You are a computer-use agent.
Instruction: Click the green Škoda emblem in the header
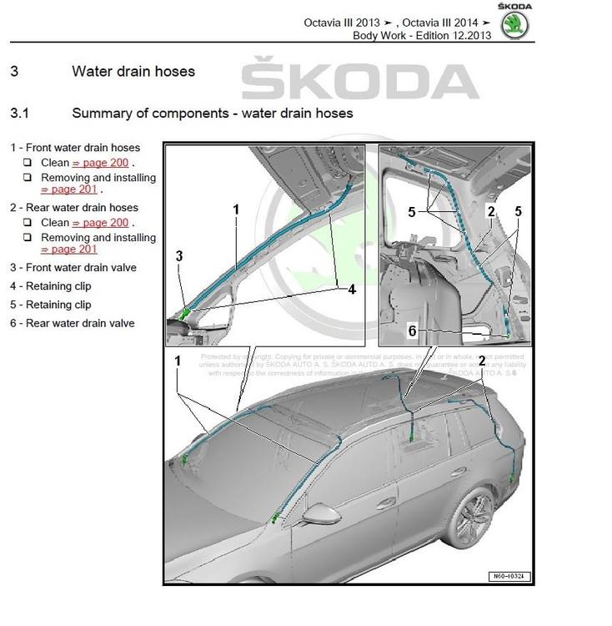(514, 25)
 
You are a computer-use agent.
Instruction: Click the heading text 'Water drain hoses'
(133, 72)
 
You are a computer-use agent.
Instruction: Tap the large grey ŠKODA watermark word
(360, 80)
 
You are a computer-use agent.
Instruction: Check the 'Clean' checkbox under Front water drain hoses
(28, 163)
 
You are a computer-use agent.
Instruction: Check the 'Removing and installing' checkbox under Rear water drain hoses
(28, 237)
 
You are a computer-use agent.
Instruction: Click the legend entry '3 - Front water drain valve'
(73, 268)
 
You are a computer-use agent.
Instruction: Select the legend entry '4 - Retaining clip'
(51, 286)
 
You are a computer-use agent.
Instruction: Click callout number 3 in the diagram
(179, 256)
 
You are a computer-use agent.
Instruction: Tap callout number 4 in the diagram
(352, 289)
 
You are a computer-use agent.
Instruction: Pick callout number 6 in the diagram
(412, 331)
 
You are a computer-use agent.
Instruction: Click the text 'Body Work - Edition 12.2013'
(422, 35)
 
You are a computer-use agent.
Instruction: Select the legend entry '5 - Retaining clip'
(51, 305)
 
